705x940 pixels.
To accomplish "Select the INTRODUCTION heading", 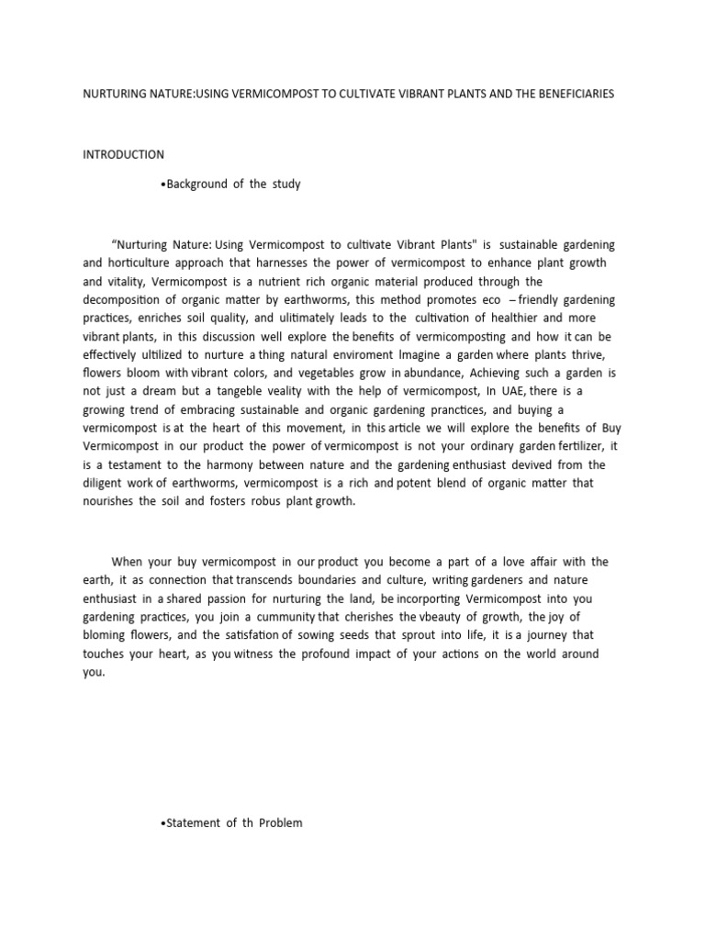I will [x=124, y=154].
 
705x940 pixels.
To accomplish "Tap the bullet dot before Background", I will [x=162, y=185].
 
